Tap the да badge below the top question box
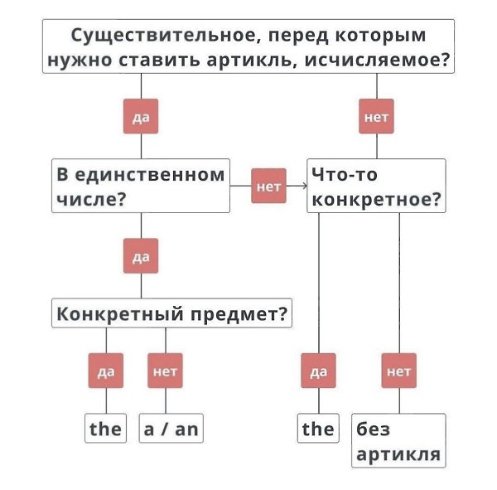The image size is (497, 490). click(140, 118)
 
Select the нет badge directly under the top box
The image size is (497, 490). click(377, 118)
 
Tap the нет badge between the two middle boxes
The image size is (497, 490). click(269, 187)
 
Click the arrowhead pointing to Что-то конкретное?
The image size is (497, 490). click(303, 187)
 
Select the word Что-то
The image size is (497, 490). click(340, 175)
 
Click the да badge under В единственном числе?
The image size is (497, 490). click(140, 255)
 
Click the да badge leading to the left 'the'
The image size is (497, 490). click(106, 371)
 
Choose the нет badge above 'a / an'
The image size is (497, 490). click(166, 371)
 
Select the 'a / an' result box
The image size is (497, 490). click(171, 429)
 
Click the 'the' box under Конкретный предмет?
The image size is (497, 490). click(106, 429)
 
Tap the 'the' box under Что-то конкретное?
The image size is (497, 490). click(318, 429)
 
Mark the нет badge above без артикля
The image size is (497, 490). click(399, 371)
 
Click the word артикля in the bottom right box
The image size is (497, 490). click(398, 454)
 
